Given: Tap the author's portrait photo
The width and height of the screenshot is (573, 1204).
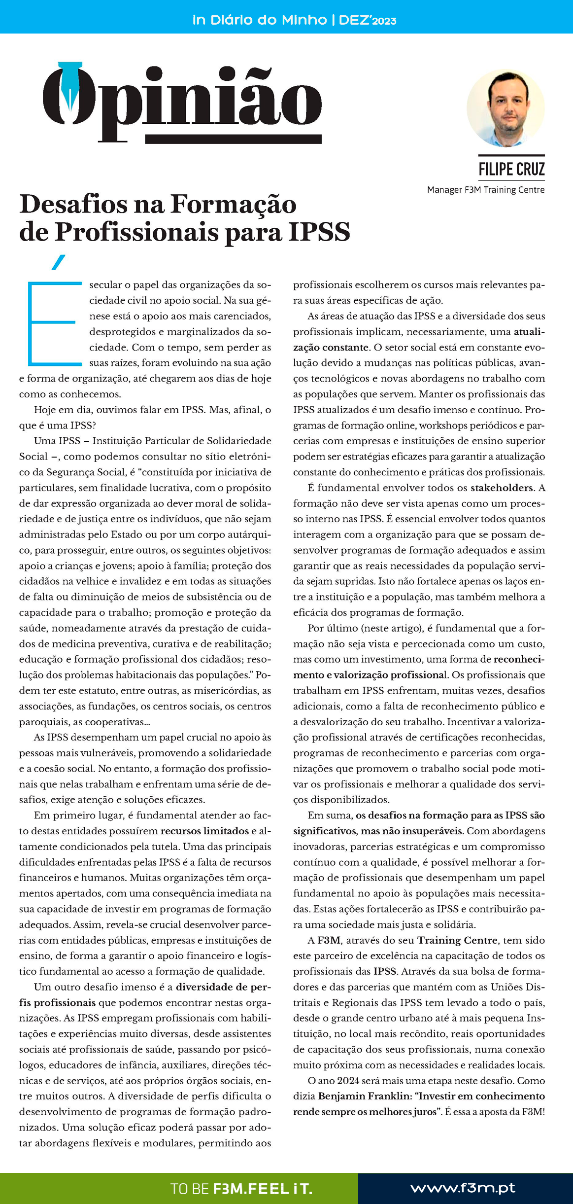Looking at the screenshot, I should [x=506, y=108].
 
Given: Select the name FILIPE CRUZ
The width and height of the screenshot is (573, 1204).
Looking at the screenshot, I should [x=511, y=170].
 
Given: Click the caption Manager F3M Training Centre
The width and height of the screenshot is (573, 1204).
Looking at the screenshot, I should [x=486, y=190].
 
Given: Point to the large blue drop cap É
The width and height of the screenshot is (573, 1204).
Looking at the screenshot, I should [x=53, y=320].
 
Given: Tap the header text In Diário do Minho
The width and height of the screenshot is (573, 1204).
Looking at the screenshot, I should [x=259, y=20].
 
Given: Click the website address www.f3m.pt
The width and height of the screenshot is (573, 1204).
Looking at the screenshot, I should [x=463, y=1188].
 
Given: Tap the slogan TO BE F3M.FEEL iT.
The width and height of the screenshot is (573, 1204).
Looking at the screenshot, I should [x=241, y=1189].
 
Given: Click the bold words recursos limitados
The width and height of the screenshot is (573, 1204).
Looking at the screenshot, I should [x=204, y=831].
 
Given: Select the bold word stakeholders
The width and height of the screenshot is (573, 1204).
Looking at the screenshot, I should [x=502, y=488].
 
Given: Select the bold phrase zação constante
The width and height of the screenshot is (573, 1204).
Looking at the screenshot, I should [x=331, y=348].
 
